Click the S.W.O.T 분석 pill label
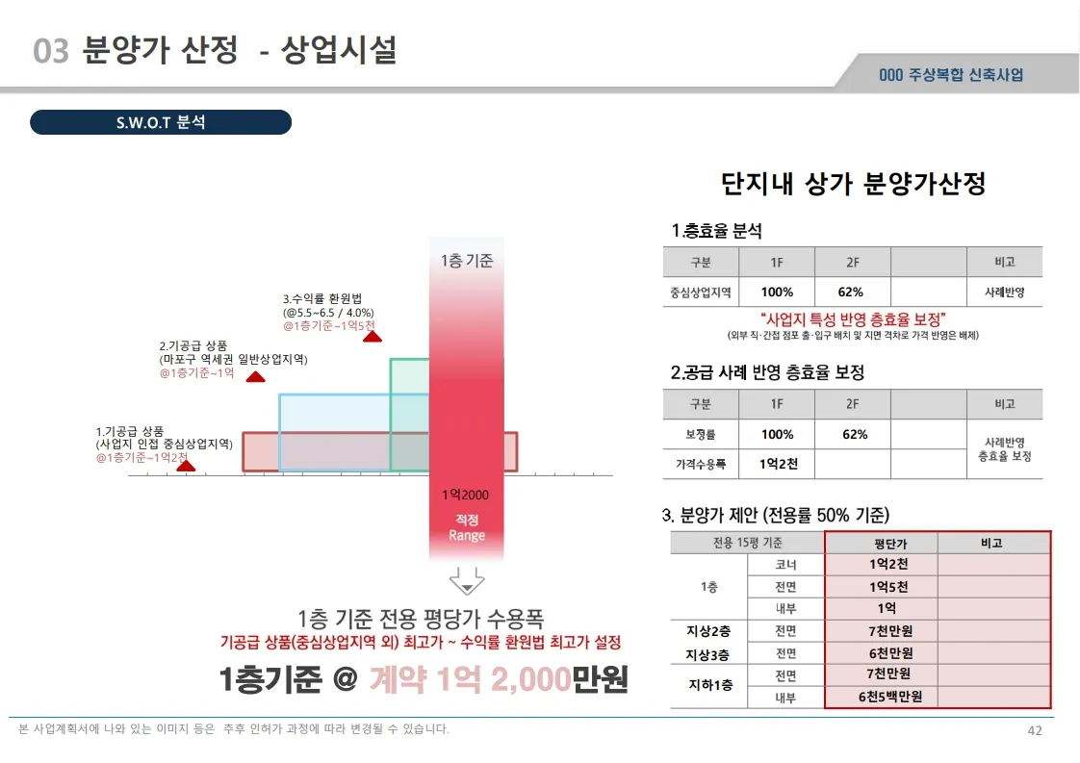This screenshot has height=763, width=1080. pos(161,123)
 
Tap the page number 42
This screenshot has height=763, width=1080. pos(1035,730)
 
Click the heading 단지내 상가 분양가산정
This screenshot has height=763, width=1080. pos(853,184)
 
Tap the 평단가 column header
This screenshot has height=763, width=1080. pos(881,544)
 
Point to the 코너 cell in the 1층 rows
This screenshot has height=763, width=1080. pos(785,565)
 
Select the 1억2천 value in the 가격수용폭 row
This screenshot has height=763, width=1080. pos(778,464)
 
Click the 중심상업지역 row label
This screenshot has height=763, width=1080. pos(701,292)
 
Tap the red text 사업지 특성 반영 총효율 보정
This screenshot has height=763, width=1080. pos(853,319)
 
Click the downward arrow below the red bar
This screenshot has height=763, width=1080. pos(466,581)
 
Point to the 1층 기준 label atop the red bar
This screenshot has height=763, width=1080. pos(467,261)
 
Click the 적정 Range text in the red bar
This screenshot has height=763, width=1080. pos(467,527)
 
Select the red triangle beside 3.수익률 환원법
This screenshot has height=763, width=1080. pos(372,336)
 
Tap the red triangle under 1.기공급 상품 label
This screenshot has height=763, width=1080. pos(187,466)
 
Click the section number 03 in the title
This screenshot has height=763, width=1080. pos(51,51)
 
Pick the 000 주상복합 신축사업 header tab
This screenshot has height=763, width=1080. pos(951,75)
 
